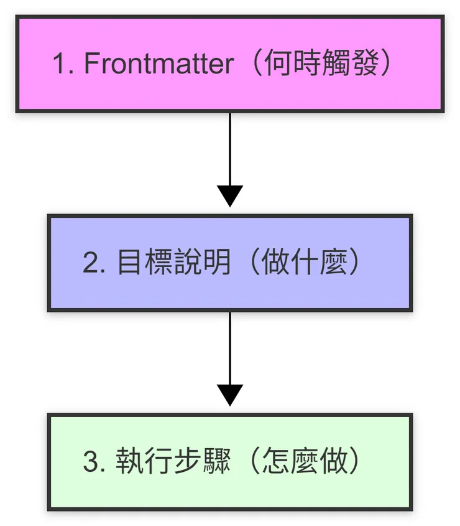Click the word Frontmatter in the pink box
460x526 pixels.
click(159, 64)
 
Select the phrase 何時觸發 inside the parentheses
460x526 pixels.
click(320, 64)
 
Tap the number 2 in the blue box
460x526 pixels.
click(91, 263)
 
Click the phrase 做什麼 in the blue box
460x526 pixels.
click(303, 263)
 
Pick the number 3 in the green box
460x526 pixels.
click(91, 463)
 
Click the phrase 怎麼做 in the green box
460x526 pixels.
click(303, 463)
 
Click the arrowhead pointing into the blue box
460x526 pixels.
click(230, 195)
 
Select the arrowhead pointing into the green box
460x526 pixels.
click(230, 395)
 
